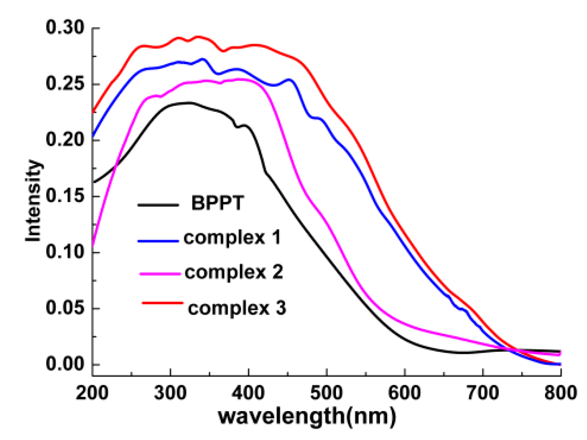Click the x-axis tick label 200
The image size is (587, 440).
tap(92, 393)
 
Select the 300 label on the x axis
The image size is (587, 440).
tap(170, 393)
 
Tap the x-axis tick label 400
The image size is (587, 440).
tap(248, 393)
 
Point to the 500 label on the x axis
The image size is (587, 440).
tap(326, 393)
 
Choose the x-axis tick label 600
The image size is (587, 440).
tap(405, 393)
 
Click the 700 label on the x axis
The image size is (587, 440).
tap(483, 393)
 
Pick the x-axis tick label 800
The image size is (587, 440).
tap(560, 393)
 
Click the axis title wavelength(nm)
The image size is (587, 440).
tap(307, 416)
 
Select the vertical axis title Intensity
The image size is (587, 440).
tap(33, 201)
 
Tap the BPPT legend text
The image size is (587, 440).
tap(217, 203)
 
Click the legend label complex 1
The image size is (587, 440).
tap(232, 238)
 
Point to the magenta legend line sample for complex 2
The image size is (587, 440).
tap(160, 274)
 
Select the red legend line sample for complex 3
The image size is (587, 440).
tap(162, 302)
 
